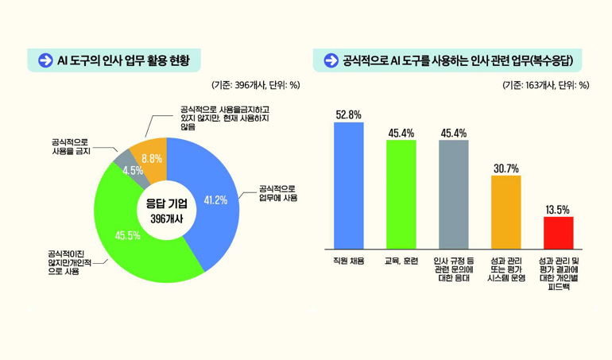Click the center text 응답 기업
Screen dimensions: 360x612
pos(166,204)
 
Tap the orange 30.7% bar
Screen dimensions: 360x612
pos(505,211)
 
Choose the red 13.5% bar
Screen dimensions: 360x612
pos(558,231)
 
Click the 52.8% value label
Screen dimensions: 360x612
pos(348,114)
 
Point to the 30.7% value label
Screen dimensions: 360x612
pos(505,168)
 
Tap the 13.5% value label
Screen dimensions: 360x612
pos(558,210)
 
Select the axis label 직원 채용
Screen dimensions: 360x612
pos(348,261)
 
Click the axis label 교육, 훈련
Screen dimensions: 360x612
pos(401,261)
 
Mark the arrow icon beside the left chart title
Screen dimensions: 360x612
pos(45,60)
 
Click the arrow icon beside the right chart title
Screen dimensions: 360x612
pos(330,60)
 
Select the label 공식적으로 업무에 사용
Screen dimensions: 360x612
pos(278,193)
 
